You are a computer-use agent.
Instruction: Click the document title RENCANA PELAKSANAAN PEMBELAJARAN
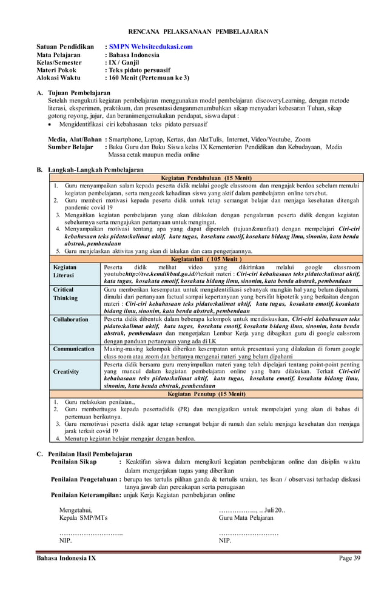(198, 31)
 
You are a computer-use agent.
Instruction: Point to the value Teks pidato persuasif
(140, 70)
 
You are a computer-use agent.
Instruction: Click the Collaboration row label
(70, 319)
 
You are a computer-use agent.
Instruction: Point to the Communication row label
(73, 349)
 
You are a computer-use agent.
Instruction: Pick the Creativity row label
(66, 371)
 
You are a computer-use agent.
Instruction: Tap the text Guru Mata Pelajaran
(246, 517)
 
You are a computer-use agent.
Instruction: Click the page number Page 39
(349, 558)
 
